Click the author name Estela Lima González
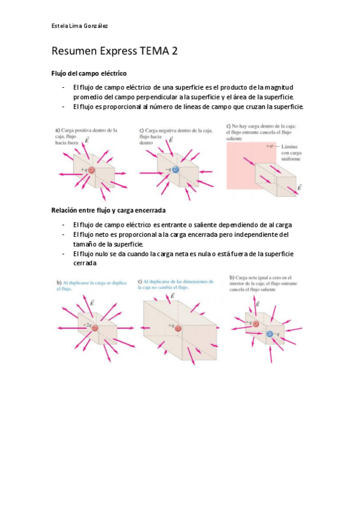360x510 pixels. (79, 25)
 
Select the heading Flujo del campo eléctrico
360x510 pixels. (88, 73)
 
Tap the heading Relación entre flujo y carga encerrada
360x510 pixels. (108, 210)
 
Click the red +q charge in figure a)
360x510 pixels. (93, 170)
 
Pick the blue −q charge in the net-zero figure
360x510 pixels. (269, 333)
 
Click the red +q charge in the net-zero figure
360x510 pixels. (257, 323)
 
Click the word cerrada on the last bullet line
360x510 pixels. (85, 264)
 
